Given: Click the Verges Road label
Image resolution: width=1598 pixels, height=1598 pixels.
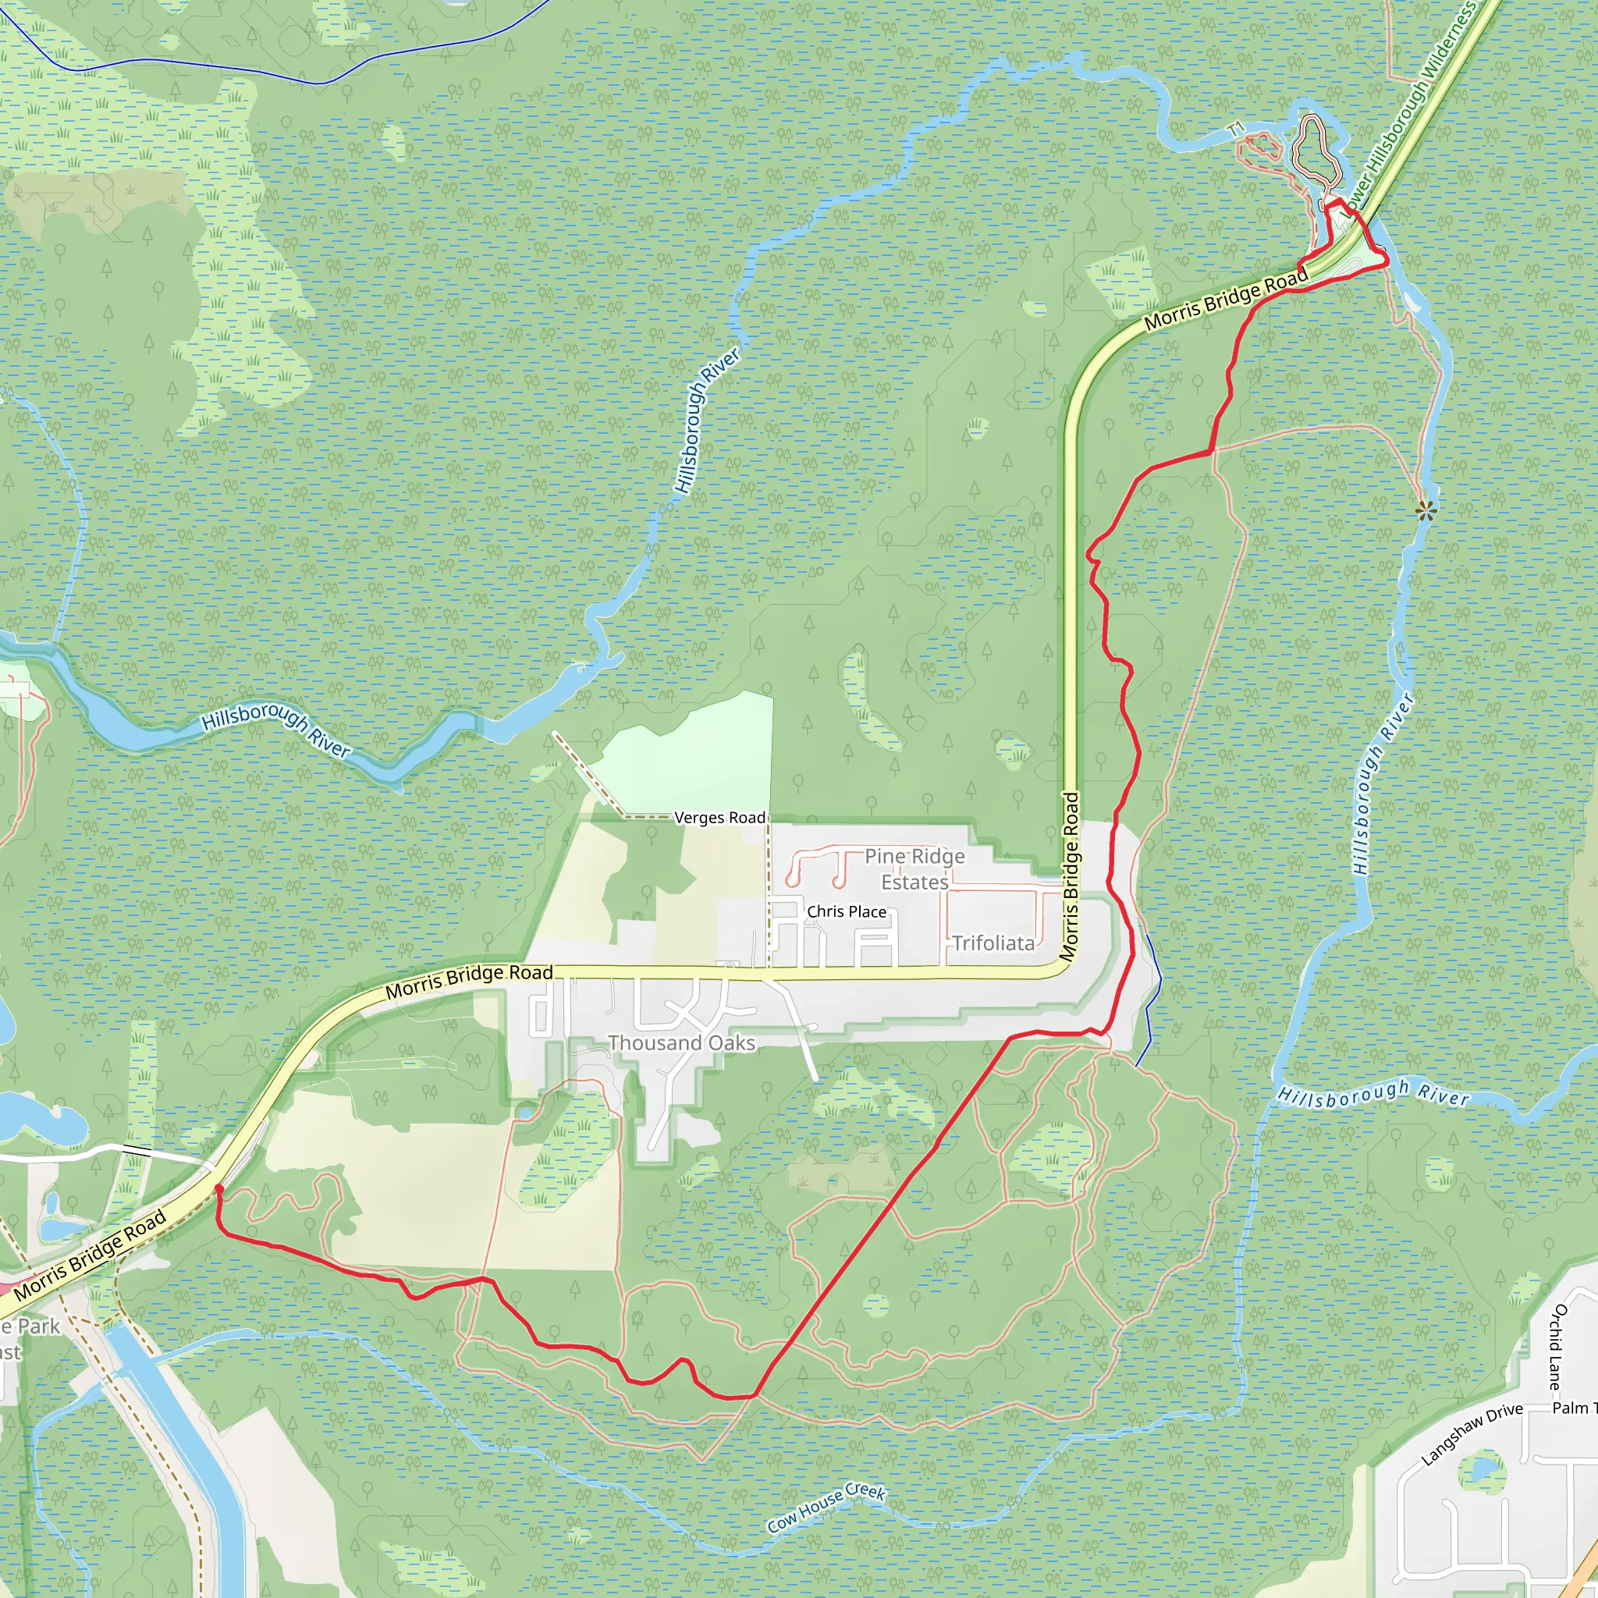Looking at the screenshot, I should [x=719, y=817].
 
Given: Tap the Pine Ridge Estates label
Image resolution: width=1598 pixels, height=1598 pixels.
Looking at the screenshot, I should [x=914, y=869].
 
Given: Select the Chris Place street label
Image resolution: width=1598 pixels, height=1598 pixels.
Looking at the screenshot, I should [x=846, y=911].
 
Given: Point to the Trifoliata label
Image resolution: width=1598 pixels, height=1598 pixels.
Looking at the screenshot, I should [x=993, y=943].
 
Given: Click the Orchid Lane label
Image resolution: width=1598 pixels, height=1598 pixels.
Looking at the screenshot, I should [x=1557, y=1348].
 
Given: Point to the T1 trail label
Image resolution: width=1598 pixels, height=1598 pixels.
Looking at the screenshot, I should [x=1236, y=129].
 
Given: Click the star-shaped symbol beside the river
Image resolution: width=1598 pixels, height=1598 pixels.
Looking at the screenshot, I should [x=1425, y=511].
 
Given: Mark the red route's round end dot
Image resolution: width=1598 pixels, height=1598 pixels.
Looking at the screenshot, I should [x=219, y=1189].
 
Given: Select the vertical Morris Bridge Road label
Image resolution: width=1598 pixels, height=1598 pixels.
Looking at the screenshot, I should [x=1071, y=877].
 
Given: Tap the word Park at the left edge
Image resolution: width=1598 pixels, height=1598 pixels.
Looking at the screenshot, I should [x=38, y=1326].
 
